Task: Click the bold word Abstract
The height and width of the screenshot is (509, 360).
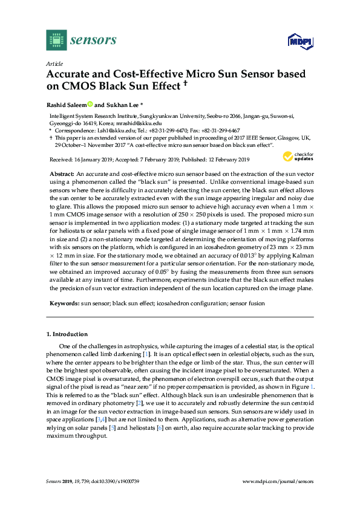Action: click(62, 173)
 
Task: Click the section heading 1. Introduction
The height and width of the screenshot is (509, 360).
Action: click(67, 334)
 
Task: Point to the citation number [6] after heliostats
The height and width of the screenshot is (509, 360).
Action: click(176, 427)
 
